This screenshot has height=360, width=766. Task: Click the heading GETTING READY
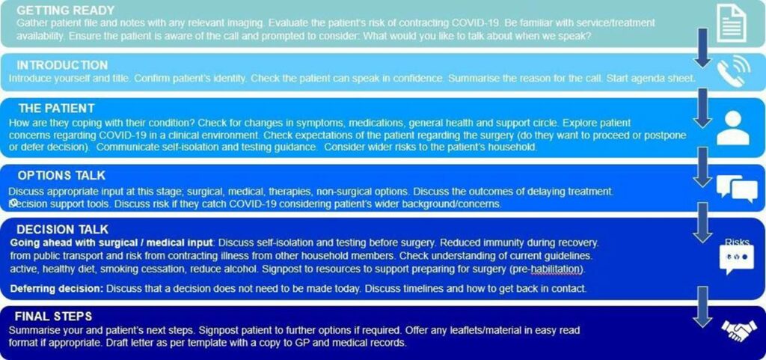65,11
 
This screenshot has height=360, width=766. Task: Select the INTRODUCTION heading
62,65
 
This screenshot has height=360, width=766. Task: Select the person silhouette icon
732,127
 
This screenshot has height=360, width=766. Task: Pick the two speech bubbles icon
736,187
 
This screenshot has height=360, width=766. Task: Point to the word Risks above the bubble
738,242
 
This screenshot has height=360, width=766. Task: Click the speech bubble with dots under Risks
736,259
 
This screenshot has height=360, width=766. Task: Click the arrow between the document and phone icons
702,49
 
